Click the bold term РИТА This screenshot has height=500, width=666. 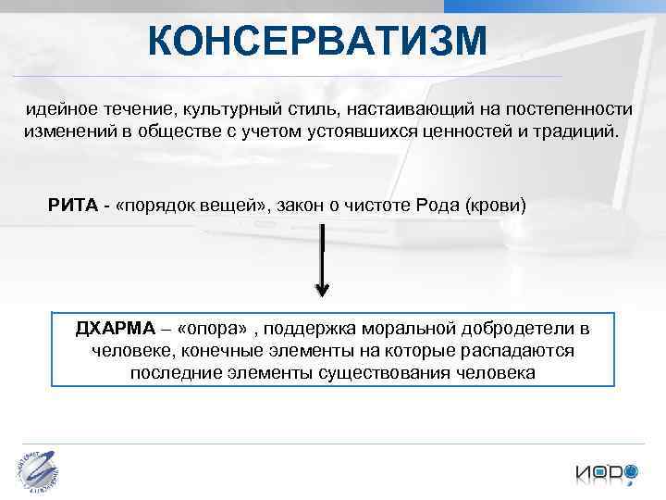72,205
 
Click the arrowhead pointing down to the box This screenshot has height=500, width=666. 322,289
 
